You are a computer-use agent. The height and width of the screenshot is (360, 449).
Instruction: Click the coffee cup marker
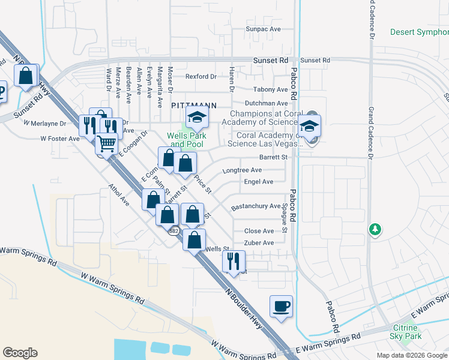tap(281, 307)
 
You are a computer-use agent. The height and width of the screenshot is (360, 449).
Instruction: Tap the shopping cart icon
tap(106, 145)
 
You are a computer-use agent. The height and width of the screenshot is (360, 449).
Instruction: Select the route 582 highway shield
tap(173, 230)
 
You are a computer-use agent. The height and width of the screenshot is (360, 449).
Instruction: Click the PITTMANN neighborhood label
tap(193, 105)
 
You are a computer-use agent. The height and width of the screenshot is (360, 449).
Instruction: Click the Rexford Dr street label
tap(200, 76)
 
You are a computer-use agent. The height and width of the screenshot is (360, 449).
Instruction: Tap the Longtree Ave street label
tap(242, 170)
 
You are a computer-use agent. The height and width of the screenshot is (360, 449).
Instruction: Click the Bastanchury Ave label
tap(256, 206)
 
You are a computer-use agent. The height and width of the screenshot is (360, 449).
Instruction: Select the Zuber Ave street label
tap(259, 243)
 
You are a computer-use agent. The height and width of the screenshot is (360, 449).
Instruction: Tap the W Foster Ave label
tap(60, 139)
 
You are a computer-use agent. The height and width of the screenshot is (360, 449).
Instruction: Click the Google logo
tap(20, 353)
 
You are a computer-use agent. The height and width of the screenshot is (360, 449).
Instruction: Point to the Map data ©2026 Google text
tap(411, 355)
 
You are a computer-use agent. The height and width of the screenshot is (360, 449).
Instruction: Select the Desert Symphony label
tap(419, 32)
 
